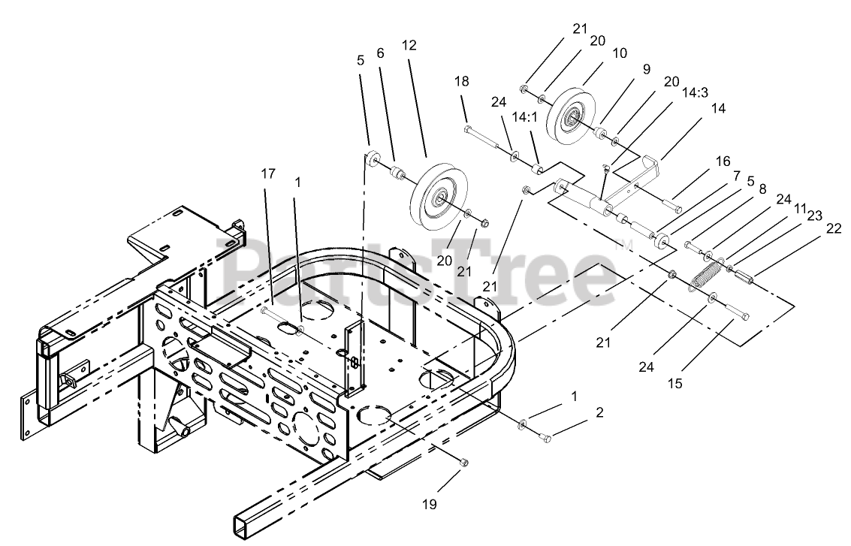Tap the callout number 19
[429, 505]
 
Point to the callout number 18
[461, 81]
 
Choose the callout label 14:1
[524, 117]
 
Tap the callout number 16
[722, 161]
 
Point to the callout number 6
[380, 53]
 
